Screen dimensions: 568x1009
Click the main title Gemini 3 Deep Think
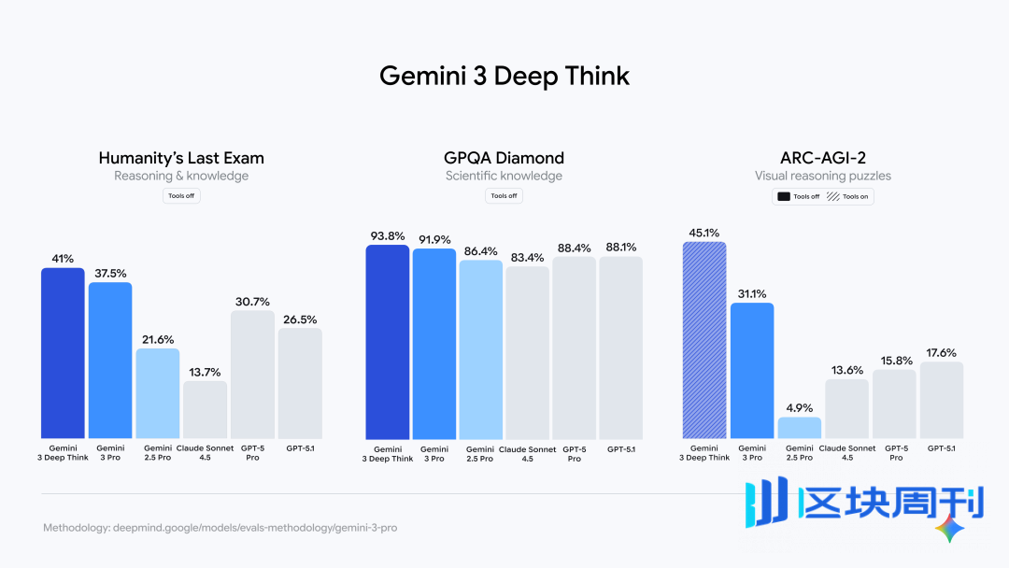(x=504, y=76)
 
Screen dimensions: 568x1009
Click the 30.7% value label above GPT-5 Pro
(x=252, y=302)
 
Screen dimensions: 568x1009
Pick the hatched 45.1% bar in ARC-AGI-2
(x=704, y=340)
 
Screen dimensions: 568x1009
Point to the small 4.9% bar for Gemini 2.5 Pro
(x=799, y=428)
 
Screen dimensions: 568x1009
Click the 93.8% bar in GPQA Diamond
(x=387, y=342)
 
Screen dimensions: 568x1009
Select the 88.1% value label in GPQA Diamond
(x=621, y=248)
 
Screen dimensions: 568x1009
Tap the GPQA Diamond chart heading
(x=504, y=158)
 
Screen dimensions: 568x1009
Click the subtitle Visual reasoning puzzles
(x=823, y=176)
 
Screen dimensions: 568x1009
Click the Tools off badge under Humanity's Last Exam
(x=181, y=196)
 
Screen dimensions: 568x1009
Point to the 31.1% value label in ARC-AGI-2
(x=752, y=293)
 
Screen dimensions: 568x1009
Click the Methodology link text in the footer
(x=220, y=528)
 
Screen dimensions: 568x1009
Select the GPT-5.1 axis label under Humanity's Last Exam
(x=299, y=448)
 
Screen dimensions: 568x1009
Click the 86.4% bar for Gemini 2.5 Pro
(x=480, y=349)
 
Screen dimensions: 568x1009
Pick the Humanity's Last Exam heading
(x=181, y=158)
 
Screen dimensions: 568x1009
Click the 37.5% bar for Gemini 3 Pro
(x=110, y=361)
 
